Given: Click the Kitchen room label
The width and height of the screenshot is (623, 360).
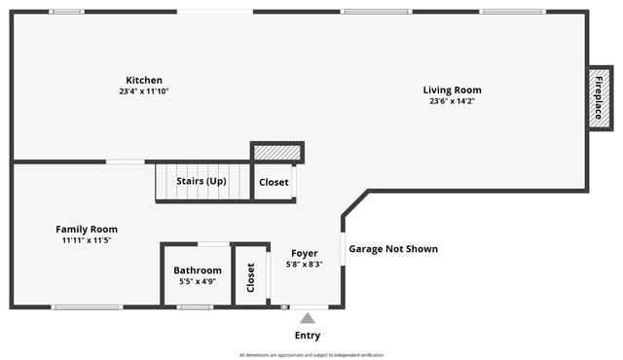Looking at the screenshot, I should point(144,80).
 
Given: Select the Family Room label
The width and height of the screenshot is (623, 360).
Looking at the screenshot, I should point(87,229).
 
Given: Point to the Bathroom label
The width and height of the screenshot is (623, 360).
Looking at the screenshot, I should point(198,270).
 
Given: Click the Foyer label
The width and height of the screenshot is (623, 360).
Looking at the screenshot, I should point(305,253).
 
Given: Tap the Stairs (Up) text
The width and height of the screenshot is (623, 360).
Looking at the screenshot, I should point(202,181).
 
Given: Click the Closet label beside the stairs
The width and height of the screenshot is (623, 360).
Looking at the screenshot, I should point(274,182).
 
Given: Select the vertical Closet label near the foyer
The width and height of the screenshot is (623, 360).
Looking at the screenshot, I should point(251,277).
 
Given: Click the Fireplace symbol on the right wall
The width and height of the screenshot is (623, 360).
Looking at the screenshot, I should point(599,97).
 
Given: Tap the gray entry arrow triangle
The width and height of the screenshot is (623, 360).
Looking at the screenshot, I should point(308,317).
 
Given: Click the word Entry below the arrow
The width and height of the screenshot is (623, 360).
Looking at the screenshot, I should point(308,336).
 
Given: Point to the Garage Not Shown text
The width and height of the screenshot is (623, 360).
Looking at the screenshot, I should point(393,249).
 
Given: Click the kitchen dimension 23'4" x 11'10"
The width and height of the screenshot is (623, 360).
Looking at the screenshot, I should point(144,91).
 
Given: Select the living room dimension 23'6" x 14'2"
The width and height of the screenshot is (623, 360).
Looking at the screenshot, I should point(452,101).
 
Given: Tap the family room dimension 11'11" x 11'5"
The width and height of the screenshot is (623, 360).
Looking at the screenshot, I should point(87,240).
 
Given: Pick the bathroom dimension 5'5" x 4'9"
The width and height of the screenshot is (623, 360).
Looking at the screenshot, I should point(198,281).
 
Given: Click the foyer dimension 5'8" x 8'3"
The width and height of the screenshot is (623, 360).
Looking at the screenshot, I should point(305,264).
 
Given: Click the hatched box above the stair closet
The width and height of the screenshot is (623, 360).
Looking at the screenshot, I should point(277,153).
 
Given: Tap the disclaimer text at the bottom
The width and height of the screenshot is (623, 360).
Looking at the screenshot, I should point(311,355).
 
